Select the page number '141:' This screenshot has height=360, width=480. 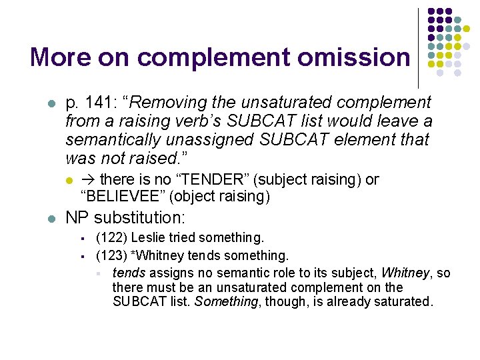[x=103, y=103]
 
